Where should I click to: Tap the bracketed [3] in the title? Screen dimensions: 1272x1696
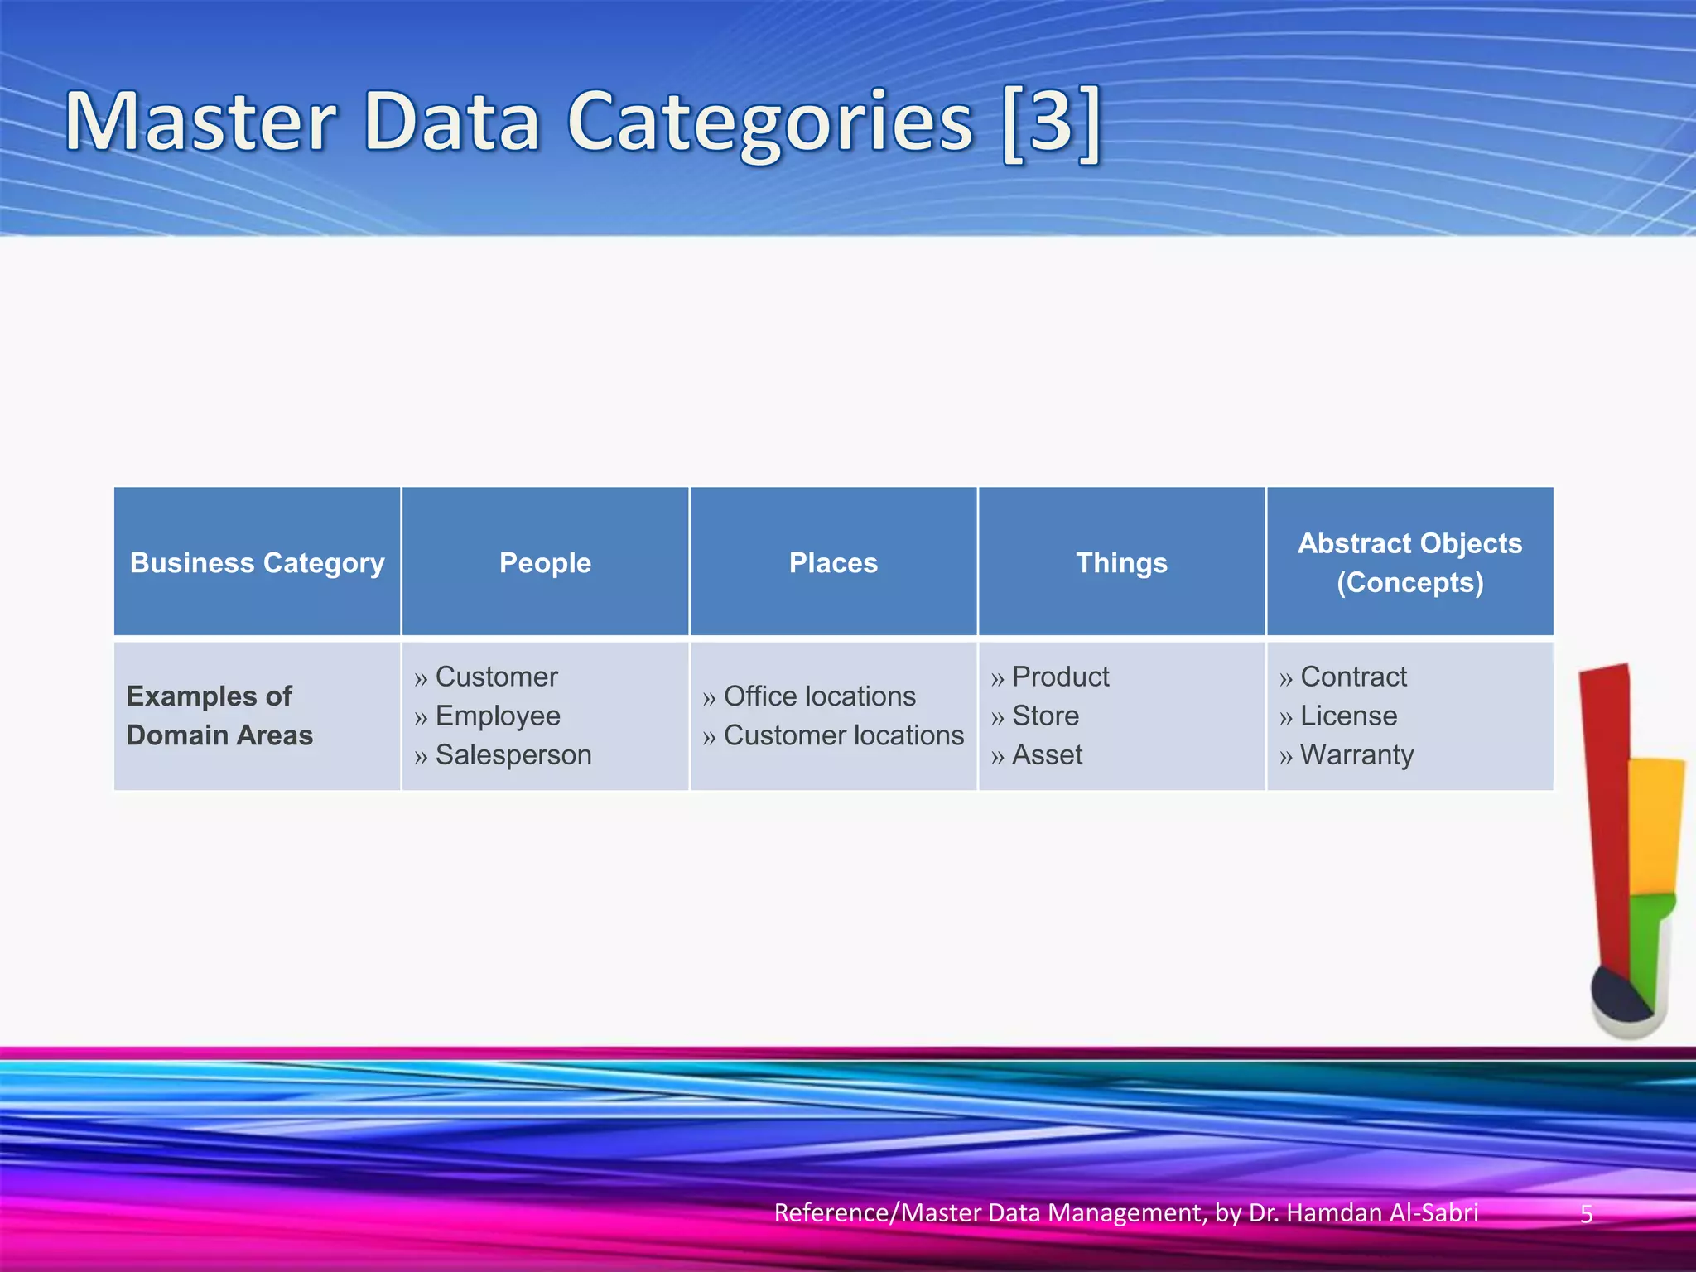point(1051,123)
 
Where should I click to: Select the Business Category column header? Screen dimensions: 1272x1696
point(257,563)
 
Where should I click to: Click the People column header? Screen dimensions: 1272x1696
point(545,563)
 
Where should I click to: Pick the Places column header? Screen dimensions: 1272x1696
point(833,563)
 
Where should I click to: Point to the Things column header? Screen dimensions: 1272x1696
point(1121,563)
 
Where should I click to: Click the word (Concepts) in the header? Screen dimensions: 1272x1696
point(1409,583)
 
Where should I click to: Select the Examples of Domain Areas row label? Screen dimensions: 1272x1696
point(219,715)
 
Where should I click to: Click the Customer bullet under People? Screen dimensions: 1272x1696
point(496,677)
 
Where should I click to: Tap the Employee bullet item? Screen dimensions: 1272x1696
point(498,715)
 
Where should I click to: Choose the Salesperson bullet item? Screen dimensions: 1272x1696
point(513,754)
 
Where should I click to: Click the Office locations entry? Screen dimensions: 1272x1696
point(819,696)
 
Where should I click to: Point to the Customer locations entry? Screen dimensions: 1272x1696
point(843,735)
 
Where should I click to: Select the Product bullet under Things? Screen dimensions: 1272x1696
point(1060,677)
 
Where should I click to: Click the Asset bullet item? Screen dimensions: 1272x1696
point(1047,754)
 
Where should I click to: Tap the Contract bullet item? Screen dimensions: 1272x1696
point(1353,677)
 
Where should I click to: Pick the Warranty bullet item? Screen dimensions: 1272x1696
point(1356,754)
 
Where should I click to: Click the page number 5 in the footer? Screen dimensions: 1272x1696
point(1587,1214)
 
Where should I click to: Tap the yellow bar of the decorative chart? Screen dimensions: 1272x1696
point(1655,824)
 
